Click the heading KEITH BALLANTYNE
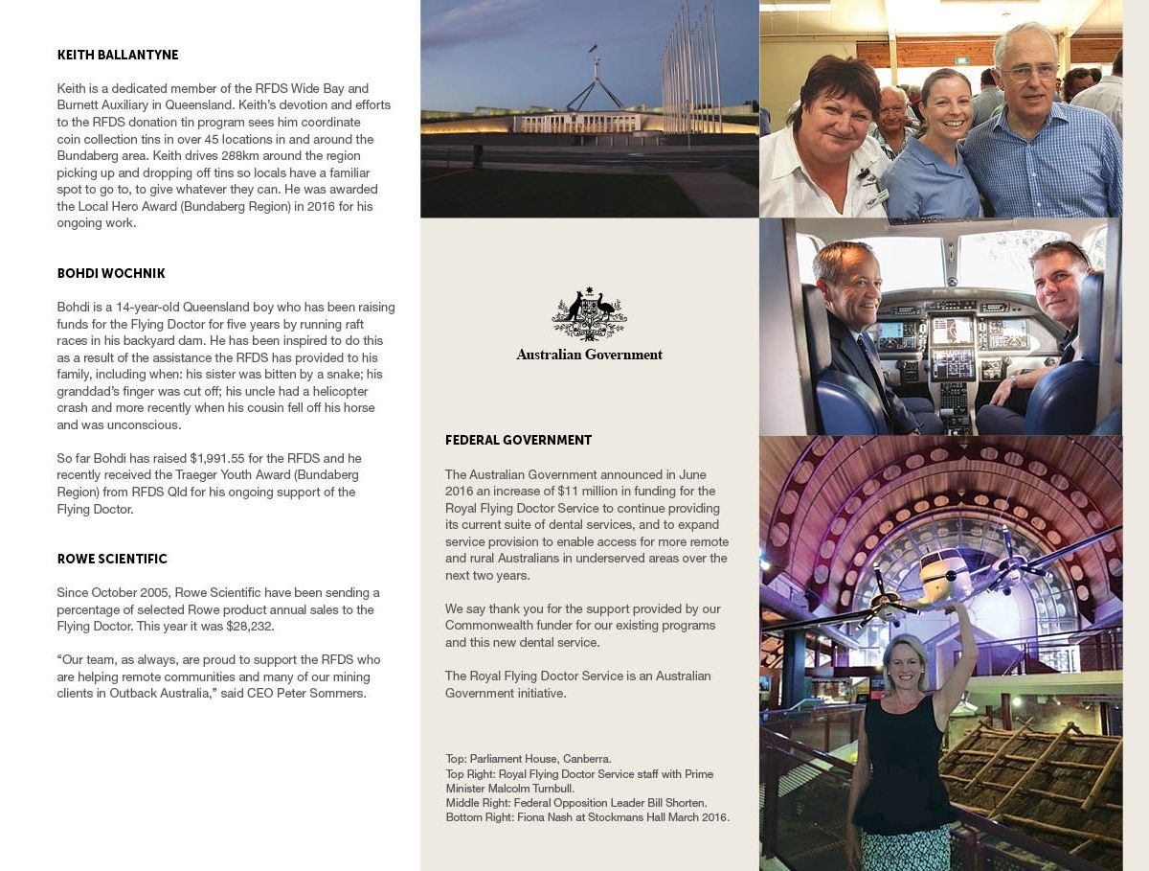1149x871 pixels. (x=117, y=56)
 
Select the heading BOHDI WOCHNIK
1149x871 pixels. (x=110, y=274)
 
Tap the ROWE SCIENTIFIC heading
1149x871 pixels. (x=111, y=560)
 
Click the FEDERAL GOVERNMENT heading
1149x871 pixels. (x=518, y=441)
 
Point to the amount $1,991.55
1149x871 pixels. (x=222, y=459)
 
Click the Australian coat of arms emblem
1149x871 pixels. (x=589, y=314)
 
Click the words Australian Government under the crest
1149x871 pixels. (x=589, y=355)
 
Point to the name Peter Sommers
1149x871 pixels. (x=326, y=694)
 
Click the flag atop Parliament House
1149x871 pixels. (x=593, y=48)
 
